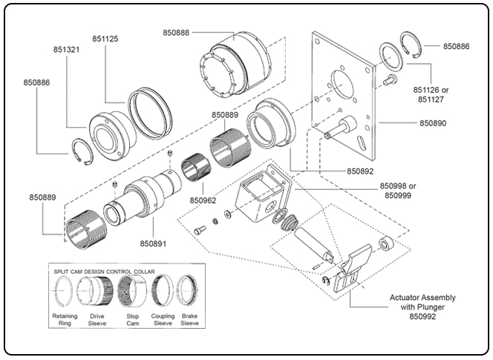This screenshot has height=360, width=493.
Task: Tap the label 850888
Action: (177, 32)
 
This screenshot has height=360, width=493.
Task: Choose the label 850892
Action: (363, 171)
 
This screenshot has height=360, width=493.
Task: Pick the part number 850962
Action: (203, 200)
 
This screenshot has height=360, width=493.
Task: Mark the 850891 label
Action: (154, 243)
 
